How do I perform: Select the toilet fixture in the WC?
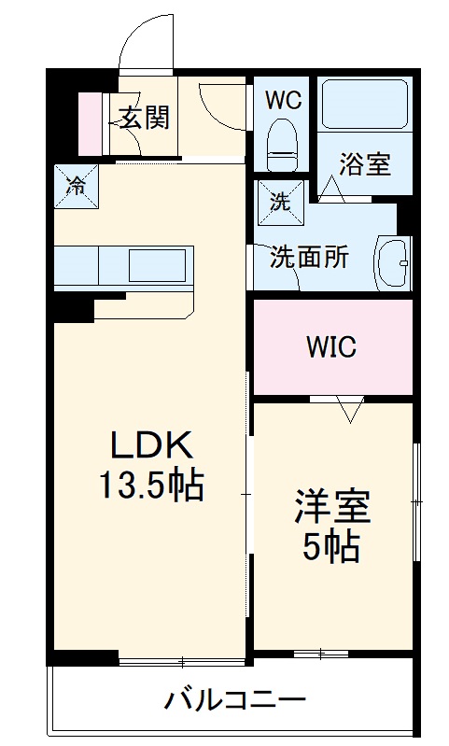[x=282, y=145]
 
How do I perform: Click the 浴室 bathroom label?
[x=364, y=164]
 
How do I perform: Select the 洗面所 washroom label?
[x=309, y=257]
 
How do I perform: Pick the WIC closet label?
[x=331, y=347]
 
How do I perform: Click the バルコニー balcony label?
[x=235, y=700]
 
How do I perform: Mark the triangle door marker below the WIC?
[x=350, y=408]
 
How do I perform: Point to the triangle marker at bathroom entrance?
[x=331, y=189]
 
